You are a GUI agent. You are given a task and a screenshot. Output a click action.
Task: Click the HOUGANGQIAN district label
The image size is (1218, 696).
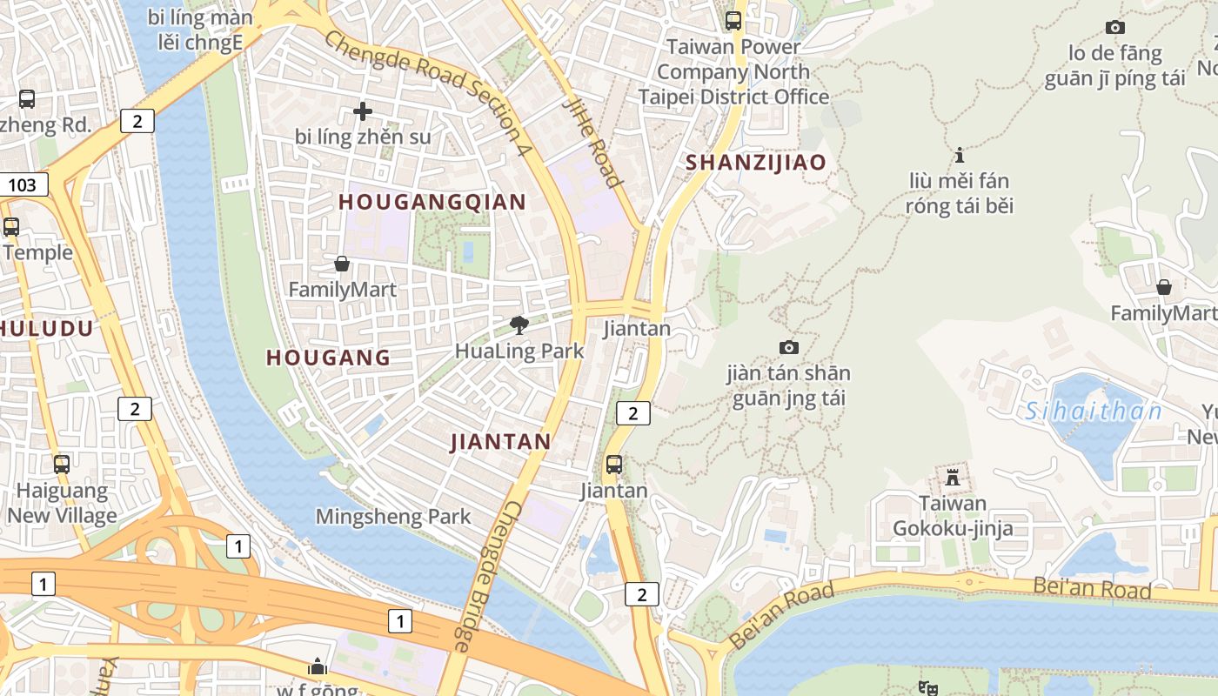pos(432,202)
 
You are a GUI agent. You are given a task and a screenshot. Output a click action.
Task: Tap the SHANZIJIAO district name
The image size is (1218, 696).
pos(755,162)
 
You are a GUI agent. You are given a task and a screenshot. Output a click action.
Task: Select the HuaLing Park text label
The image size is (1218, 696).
pos(519,351)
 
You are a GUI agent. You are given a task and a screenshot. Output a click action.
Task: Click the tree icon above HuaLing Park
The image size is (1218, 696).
pos(519,325)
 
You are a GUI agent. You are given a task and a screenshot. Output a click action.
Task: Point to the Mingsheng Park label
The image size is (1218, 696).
pos(393,516)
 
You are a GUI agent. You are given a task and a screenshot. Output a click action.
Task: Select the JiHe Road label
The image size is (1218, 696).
pos(594,142)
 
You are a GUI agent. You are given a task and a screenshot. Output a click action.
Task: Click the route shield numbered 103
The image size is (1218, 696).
pos(23,184)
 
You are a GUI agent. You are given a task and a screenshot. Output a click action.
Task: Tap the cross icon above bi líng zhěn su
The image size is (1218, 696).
pos(363,111)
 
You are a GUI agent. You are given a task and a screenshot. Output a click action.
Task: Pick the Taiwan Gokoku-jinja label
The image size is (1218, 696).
pos(953,516)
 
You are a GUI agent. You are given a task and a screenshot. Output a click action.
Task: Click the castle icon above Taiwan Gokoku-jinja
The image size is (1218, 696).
pos(953,478)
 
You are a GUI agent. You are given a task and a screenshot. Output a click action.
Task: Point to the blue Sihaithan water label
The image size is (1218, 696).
pos(1094,411)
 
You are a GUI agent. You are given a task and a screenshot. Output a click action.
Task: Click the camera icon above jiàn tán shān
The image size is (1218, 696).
pos(789,347)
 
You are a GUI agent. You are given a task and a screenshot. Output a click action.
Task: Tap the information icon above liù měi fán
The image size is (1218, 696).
pos(960,155)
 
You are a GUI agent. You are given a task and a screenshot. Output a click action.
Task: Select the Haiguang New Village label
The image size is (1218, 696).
pos(62,503)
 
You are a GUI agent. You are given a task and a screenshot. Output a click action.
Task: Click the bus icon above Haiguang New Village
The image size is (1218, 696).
pos(62,464)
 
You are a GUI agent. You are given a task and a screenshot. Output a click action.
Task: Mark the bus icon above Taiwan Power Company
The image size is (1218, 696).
pos(733,20)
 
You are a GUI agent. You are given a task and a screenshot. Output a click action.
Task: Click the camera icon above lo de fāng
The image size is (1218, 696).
pos(1114,27)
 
